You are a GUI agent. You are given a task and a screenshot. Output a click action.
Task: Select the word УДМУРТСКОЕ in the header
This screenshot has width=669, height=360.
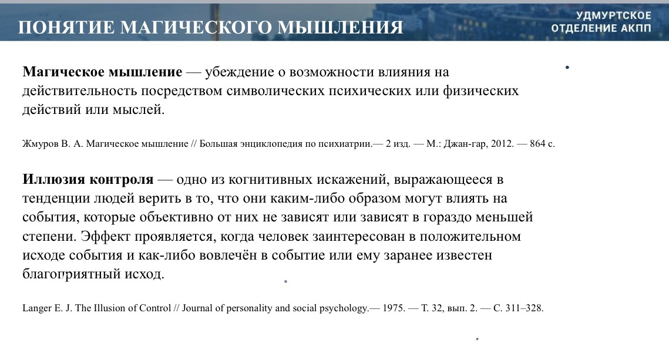click(614, 15)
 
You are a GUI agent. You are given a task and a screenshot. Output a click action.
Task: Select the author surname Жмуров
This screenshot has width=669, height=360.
click(41, 144)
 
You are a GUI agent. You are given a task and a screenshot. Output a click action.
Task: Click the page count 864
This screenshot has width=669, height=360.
click(537, 144)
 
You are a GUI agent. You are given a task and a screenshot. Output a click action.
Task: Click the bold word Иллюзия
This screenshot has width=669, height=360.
click(54, 179)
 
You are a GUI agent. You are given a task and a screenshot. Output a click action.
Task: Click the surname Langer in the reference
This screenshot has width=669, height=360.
click(36, 308)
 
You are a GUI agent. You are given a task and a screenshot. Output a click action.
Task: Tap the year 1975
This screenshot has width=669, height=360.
click(392, 308)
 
